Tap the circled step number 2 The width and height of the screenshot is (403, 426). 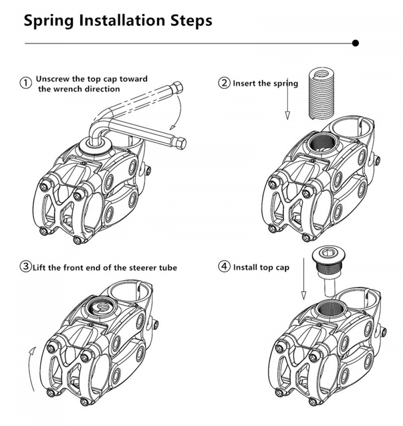click(224, 83)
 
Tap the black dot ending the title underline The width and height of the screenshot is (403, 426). click(355, 43)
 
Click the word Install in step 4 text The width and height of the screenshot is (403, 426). click(245, 267)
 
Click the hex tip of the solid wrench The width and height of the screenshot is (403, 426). click(181, 143)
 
